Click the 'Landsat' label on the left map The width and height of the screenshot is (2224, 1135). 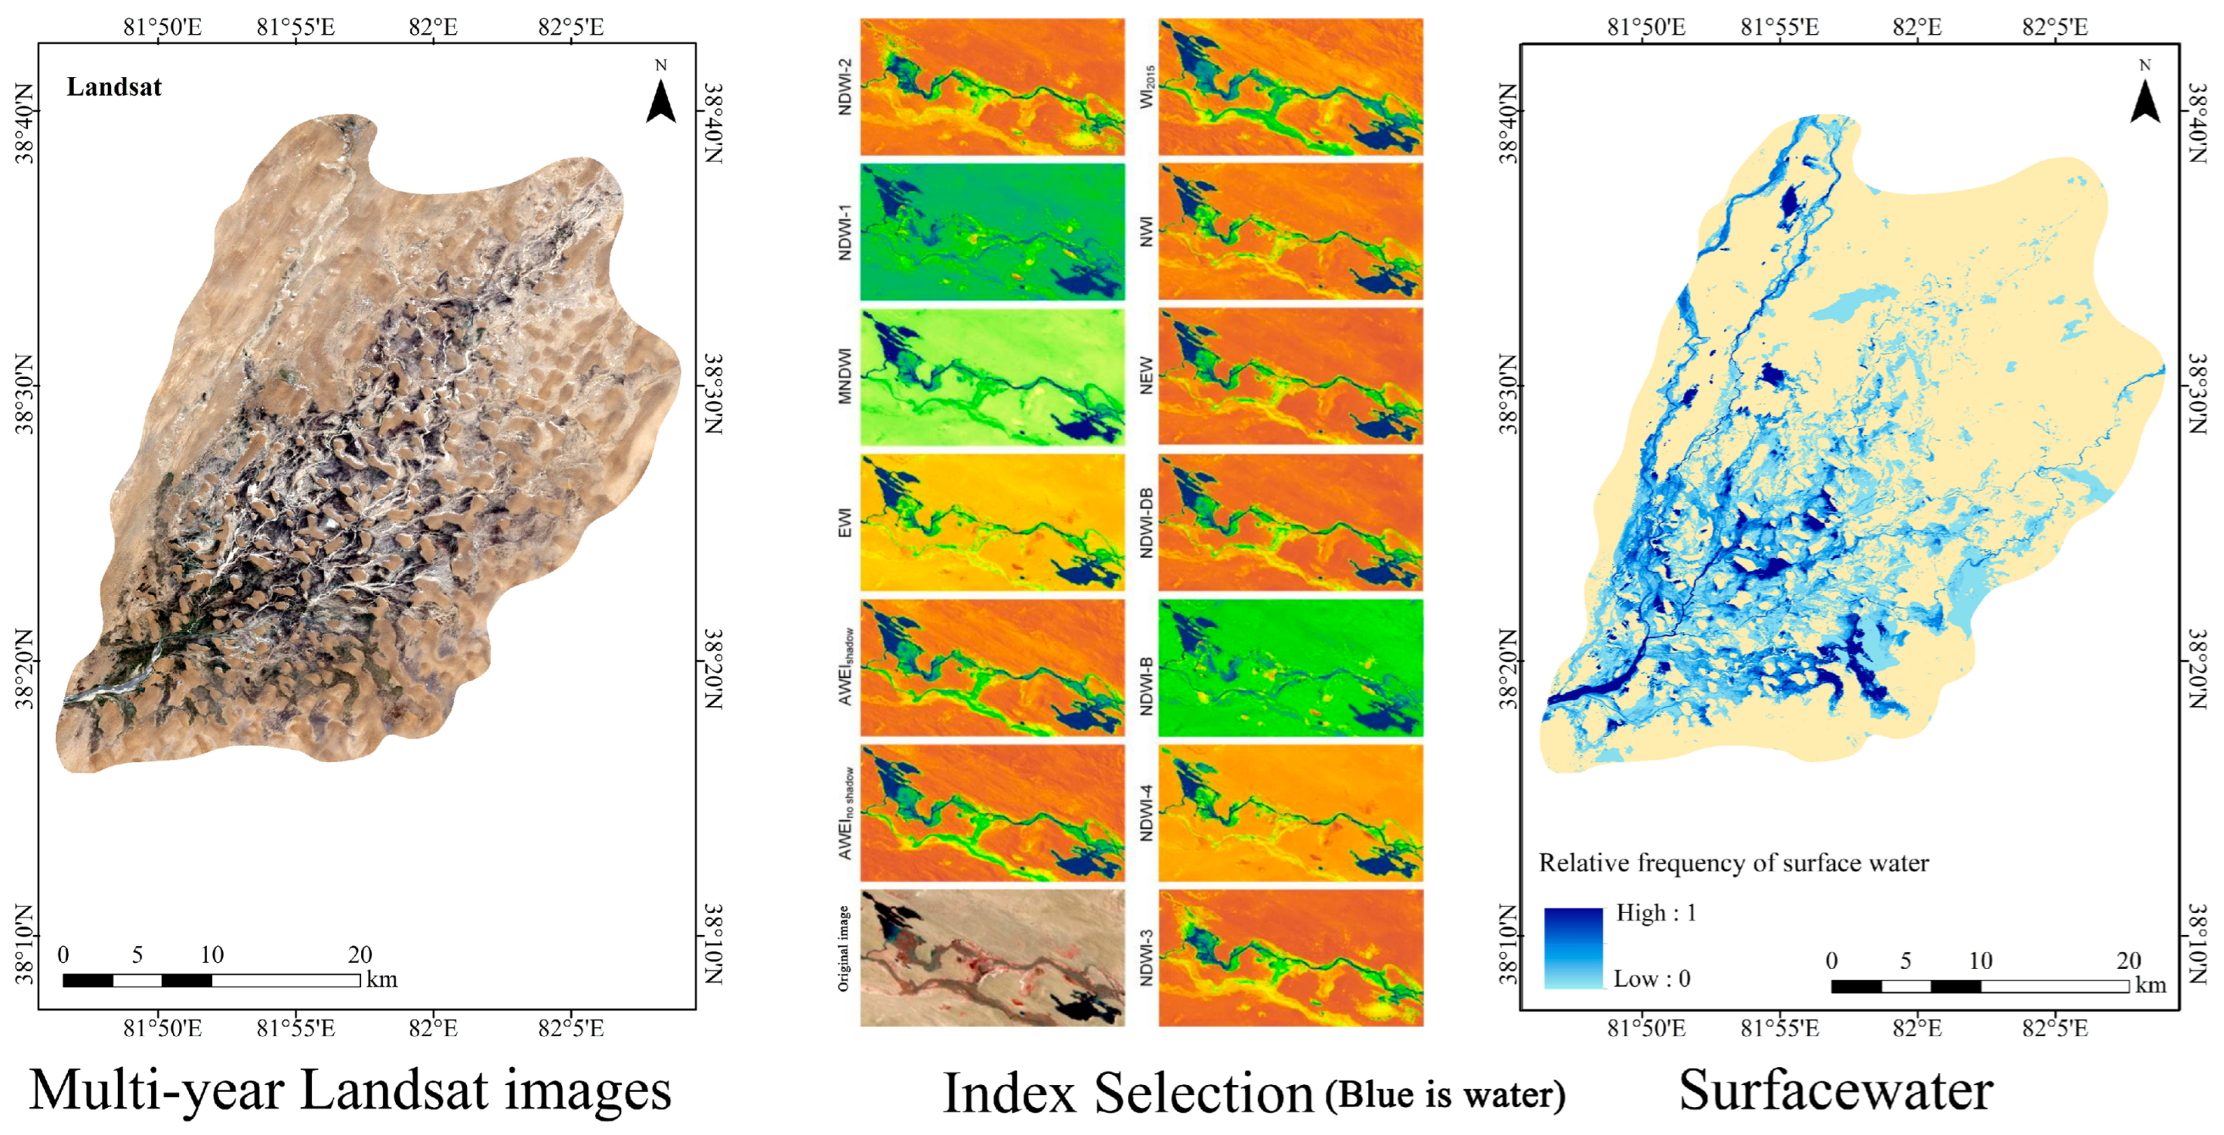pyautogui.click(x=114, y=87)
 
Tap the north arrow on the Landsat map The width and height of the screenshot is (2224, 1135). pyautogui.click(x=661, y=100)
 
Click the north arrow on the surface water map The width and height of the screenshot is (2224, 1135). pyautogui.click(x=2145, y=100)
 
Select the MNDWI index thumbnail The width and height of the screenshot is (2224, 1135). pyautogui.click(x=993, y=377)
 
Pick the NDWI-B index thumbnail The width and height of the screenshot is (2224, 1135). pyautogui.click(x=1291, y=668)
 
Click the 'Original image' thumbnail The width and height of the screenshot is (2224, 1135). pyautogui.click(x=993, y=958)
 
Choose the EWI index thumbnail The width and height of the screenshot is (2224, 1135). pyautogui.click(x=993, y=523)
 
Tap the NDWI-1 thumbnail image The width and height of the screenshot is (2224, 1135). pyautogui.click(x=993, y=232)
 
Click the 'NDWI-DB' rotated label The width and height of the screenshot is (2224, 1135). pyautogui.click(x=1146, y=523)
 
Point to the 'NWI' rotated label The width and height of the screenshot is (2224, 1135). pyautogui.click(x=1146, y=232)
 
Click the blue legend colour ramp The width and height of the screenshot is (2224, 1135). pyautogui.click(x=1573, y=947)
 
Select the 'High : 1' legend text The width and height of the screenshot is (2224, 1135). pyautogui.click(x=1656, y=912)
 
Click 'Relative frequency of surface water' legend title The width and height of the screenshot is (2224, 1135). pyautogui.click(x=1734, y=863)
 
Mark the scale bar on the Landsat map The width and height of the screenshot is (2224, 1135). pyautogui.click(x=211, y=980)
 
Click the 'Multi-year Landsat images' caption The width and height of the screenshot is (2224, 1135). pyautogui.click(x=350, y=1089)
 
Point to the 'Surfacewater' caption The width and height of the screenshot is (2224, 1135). pyautogui.click(x=1836, y=1089)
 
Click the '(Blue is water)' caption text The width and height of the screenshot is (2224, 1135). pyautogui.click(x=1445, y=1094)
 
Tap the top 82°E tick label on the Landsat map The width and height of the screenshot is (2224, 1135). pyautogui.click(x=433, y=27)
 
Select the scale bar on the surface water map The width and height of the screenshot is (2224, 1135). pyautogui.click(x=1979, y=985)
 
